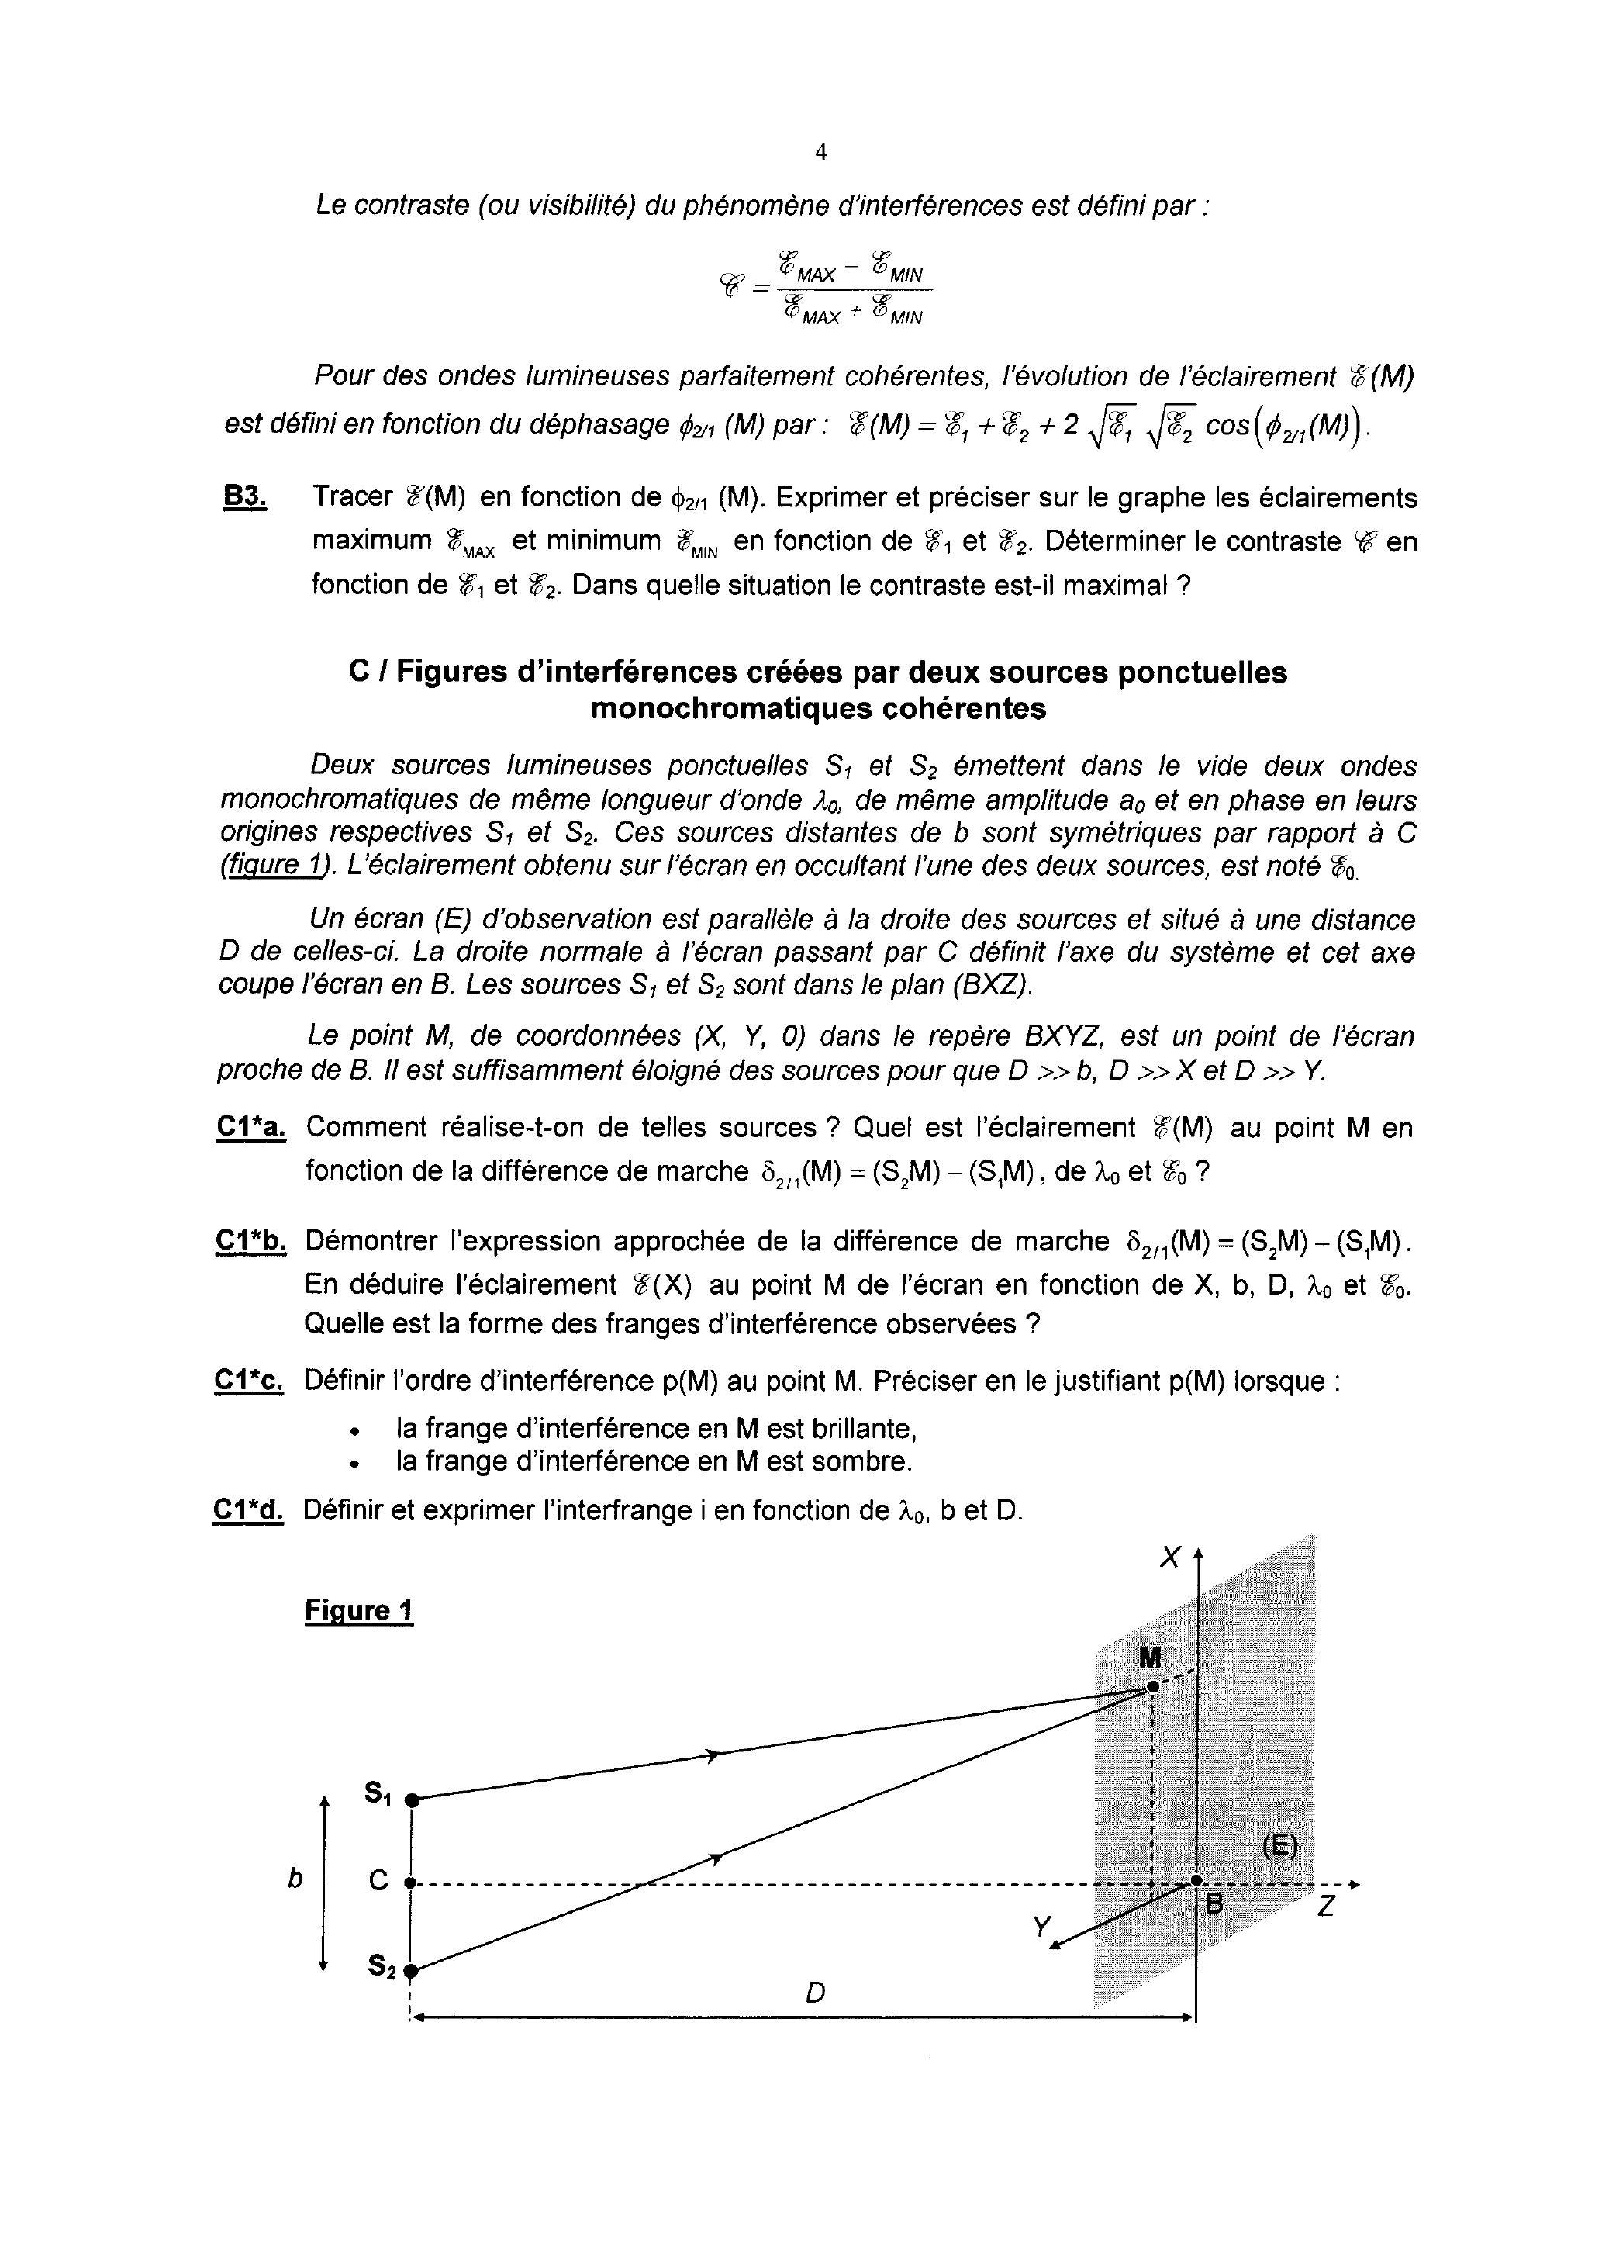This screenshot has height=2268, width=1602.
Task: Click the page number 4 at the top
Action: pos(820,152)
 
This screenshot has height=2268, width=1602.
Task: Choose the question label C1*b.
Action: pos(250,1241)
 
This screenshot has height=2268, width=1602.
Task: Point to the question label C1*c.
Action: pos(249,1381)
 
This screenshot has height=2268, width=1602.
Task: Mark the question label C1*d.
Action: pos(249,1510)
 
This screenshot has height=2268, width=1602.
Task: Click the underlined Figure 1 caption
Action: pos(358,1611)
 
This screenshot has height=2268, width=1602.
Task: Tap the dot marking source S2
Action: pos(412,1969)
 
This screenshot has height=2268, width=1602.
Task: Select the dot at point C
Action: pos(413,1884)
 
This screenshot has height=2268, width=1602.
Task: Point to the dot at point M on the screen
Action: pos(1151,1687)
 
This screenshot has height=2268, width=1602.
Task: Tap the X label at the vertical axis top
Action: pos(1170,1558)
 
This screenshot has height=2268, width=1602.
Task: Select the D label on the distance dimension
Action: pos(815,1993)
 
